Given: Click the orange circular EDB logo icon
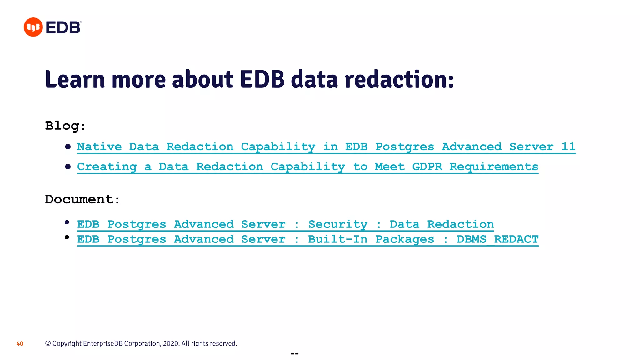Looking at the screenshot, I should (x=33, y=27).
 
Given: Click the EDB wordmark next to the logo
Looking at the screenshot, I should (x=63, y=27).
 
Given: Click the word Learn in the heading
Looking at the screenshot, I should (x=75, y=79).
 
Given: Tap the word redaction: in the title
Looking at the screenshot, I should (x=399, y=79).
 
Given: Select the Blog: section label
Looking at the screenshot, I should (x=65, y=126).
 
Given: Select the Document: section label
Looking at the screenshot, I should (x=82, y=199).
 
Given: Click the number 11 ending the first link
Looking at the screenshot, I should (x=568, y=146).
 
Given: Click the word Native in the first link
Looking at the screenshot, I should (x=99, y=146).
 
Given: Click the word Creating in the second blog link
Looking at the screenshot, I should (x=107, y=167).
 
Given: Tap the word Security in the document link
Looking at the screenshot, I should (x=337, y=224).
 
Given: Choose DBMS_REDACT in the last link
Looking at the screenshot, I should (x=497, y=239).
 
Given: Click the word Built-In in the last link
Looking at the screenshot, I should (x=337, y=239).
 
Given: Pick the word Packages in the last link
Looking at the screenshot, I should (x=404, y=239).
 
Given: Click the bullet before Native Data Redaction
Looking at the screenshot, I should (x=68, y=147).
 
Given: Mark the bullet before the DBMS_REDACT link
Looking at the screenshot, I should (x=67, y=237).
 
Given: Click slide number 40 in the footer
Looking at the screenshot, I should (x=20, y=344).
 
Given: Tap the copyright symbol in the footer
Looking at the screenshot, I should (x=48, y=343).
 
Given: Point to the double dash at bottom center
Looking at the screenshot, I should (x=295, y=354).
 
